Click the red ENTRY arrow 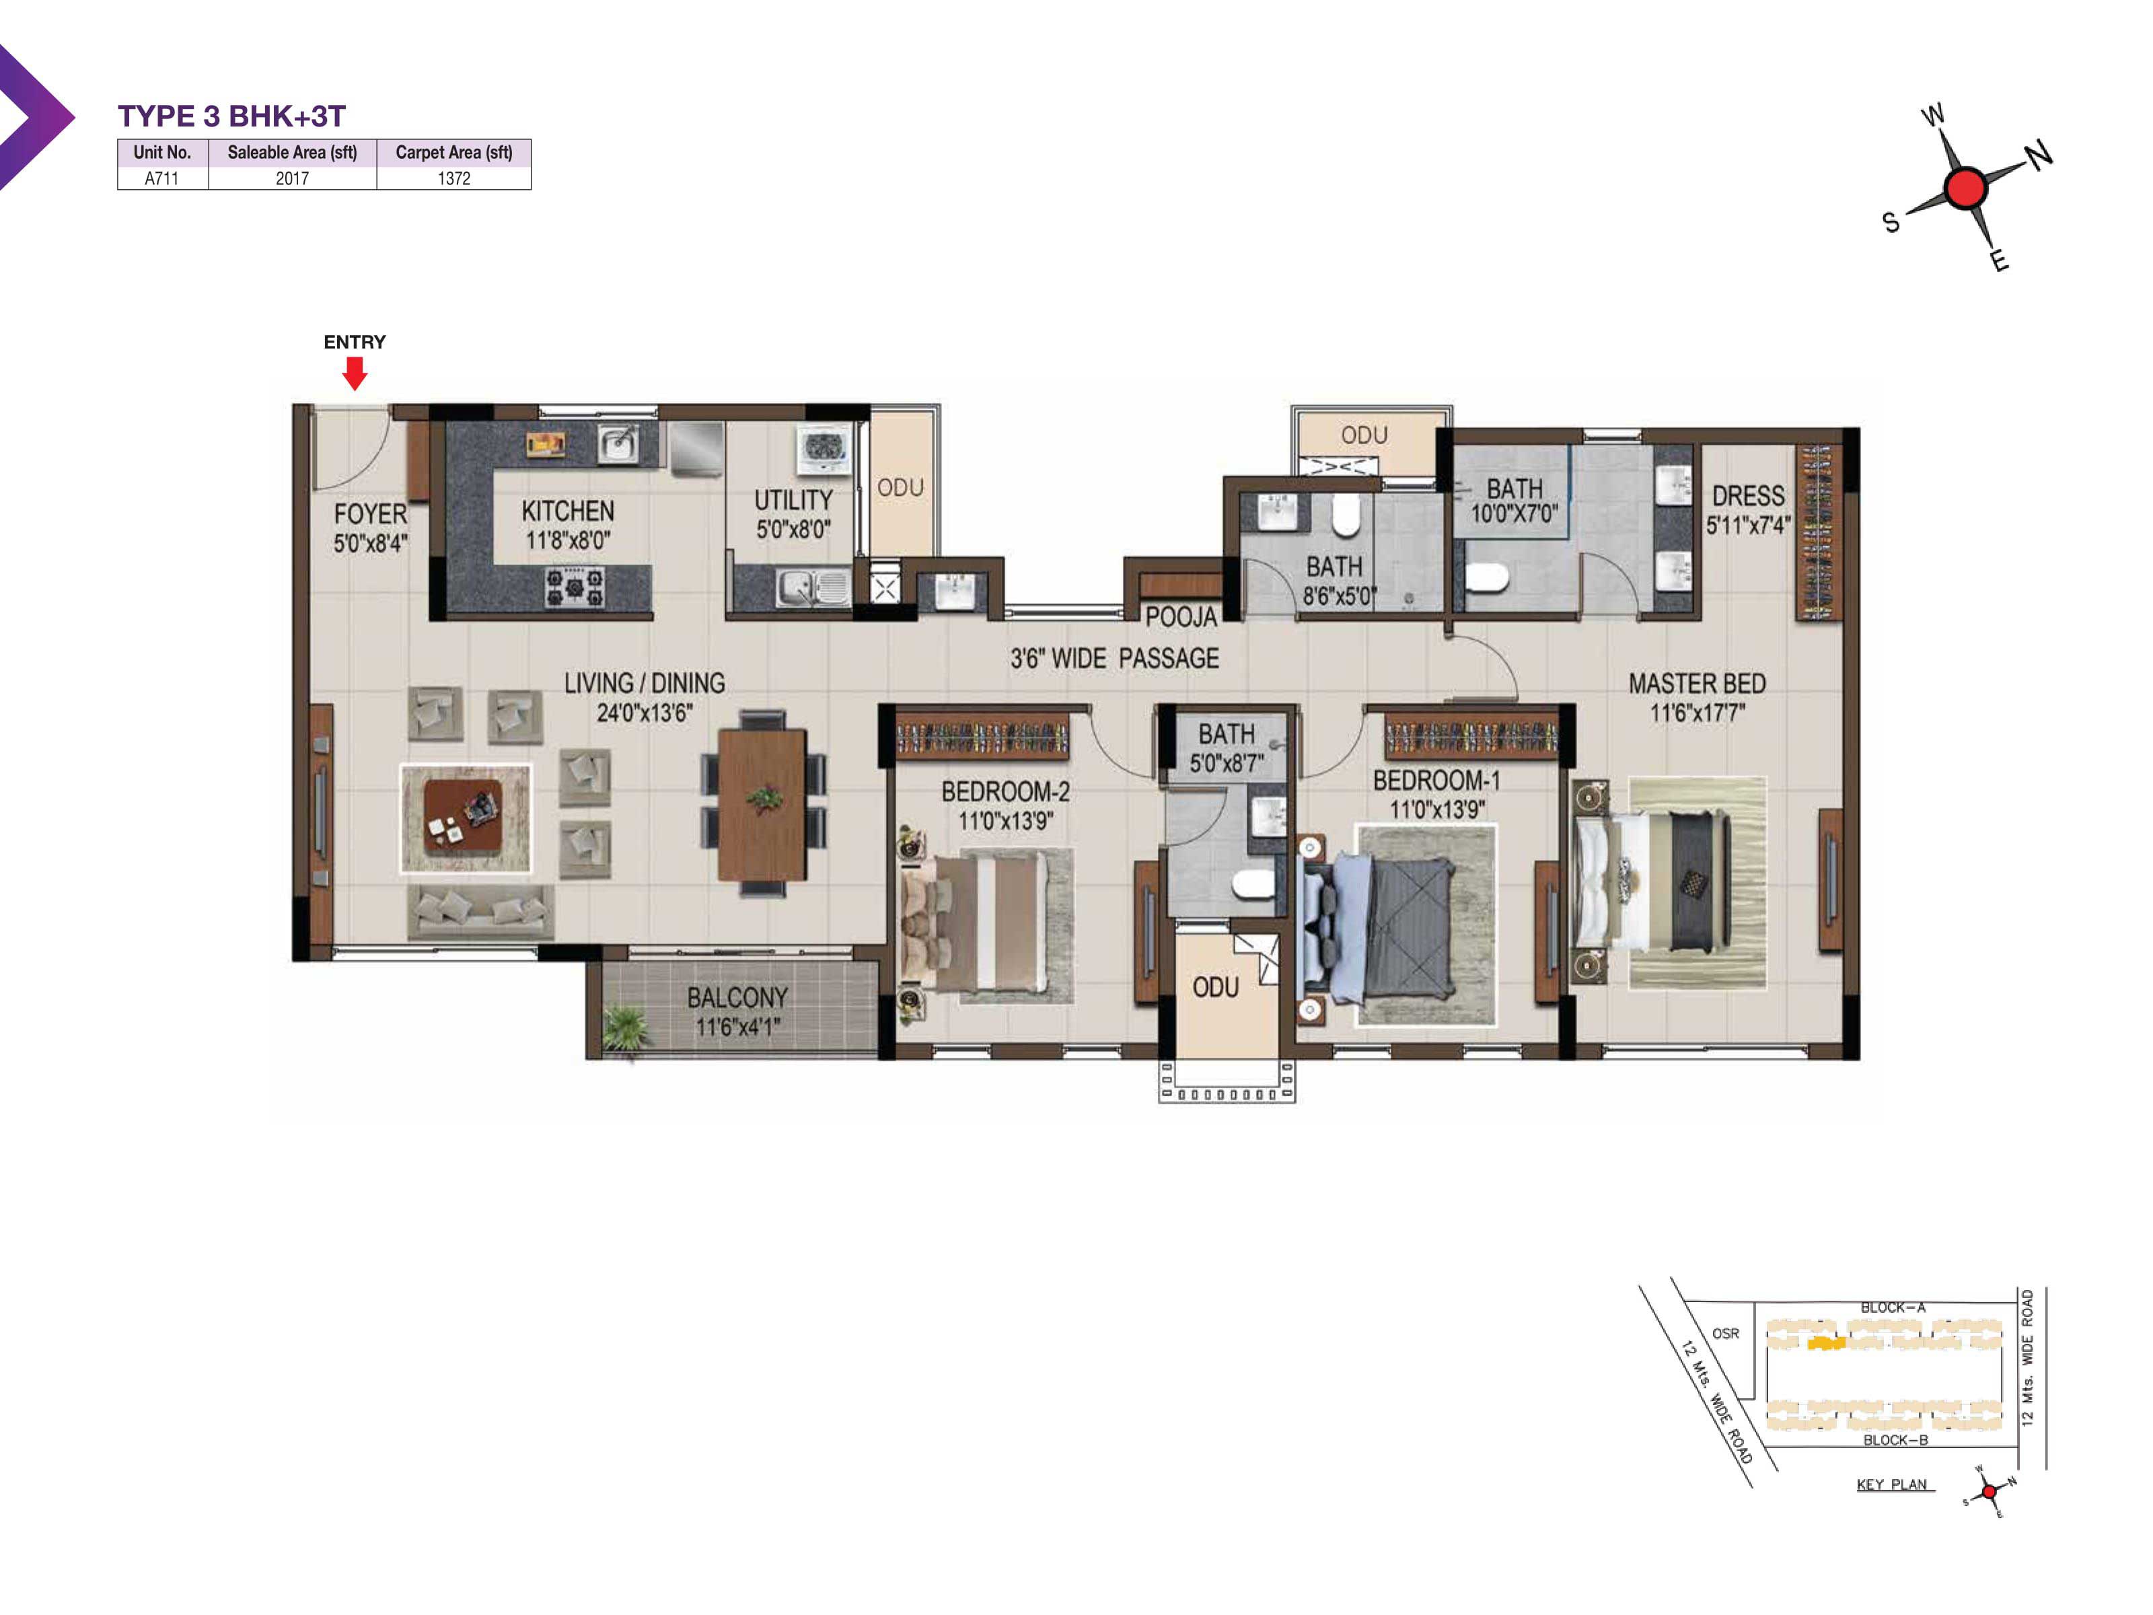355,373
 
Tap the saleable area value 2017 292,178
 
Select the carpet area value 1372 453,178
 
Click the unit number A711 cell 161,178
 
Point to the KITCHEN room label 567,511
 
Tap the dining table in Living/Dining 762,804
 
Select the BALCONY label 737,998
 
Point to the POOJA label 1181,616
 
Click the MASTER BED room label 1697,684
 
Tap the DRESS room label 1748,495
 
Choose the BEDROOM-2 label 1005,791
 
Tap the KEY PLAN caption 1891,1484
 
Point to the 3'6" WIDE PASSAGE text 1114,659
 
